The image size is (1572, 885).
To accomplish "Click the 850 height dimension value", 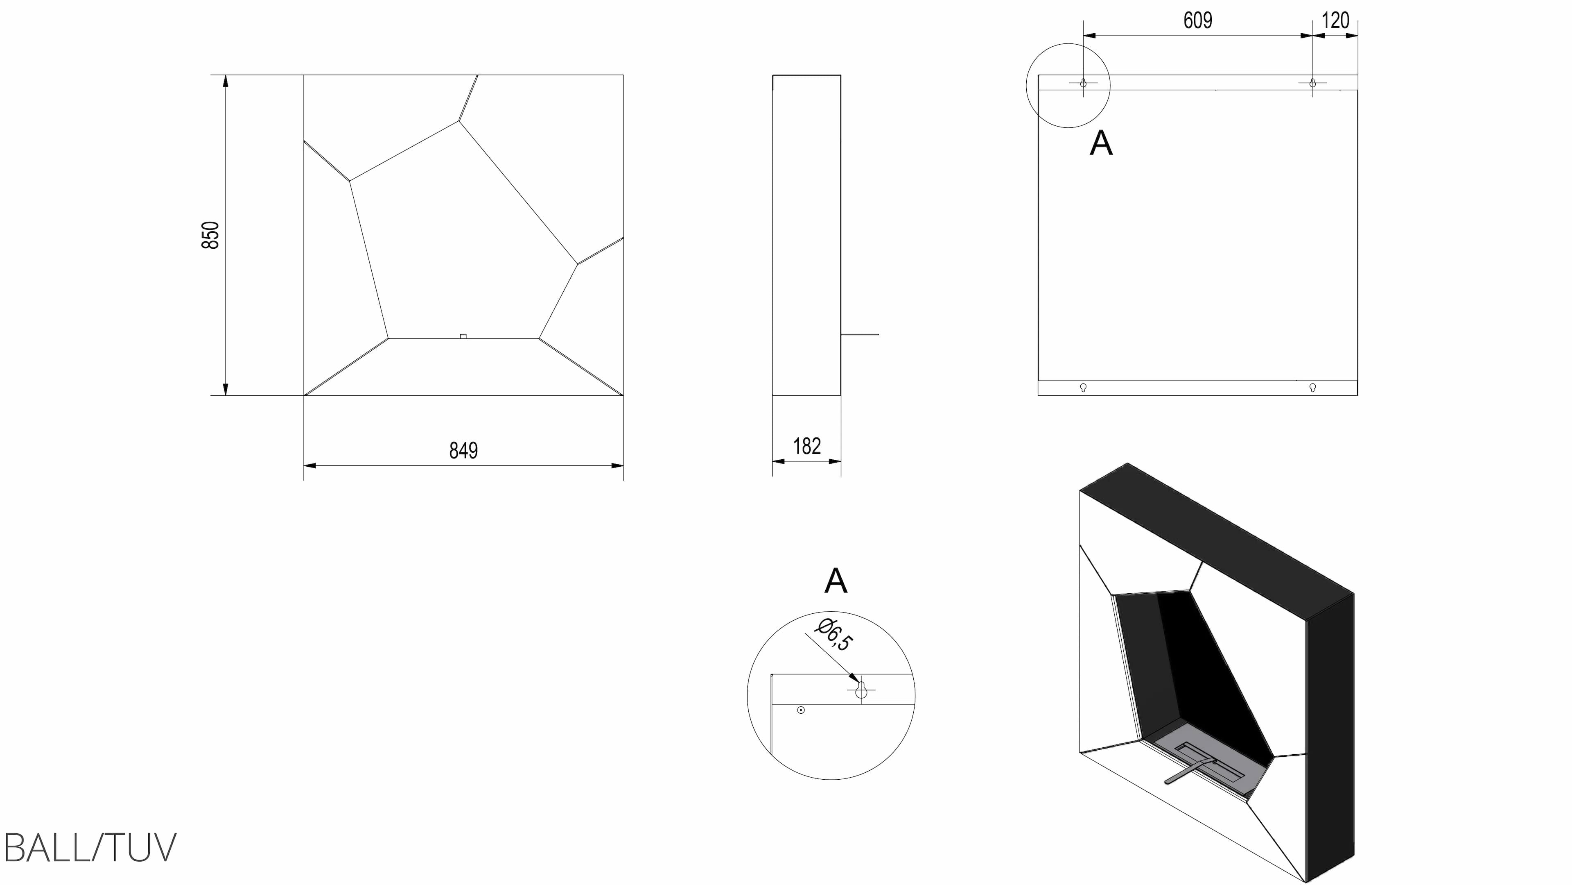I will [210, 235].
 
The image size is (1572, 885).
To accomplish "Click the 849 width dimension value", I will [463, 451].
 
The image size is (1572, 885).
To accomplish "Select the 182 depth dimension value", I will [807, 447].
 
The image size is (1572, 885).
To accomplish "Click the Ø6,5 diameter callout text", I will [835, 635].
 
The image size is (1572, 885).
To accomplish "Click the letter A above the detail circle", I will [836, 581].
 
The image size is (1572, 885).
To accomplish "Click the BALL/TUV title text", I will [90, 847].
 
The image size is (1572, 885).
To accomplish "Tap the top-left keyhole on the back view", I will [1083, 83].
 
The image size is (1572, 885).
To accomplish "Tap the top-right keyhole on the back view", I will [1312, 83].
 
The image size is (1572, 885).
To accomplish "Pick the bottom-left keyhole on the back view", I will [1083, 387].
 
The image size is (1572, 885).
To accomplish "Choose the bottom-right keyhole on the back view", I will [1312, 387].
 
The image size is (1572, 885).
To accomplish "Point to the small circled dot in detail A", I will [801, 710].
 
